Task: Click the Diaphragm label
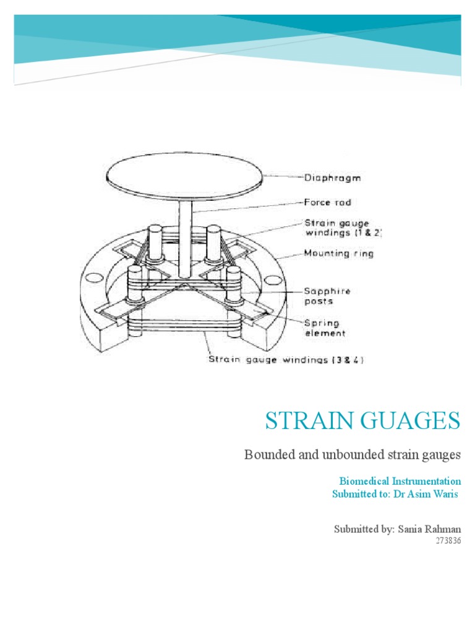pyautogui.click(x=333, y=178)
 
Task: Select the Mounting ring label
pyautogui.click(x=338, y=253)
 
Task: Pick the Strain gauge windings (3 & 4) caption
pyautogui.click(x=286, y=359)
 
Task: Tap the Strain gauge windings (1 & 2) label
pyautogui.click(x=343, y=227)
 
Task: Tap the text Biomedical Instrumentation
pyautogui.click(x=400, y=480)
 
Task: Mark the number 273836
pyautogui.click(x=448, y=542)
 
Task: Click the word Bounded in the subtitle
pyautogui.click(x=265, y=456)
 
